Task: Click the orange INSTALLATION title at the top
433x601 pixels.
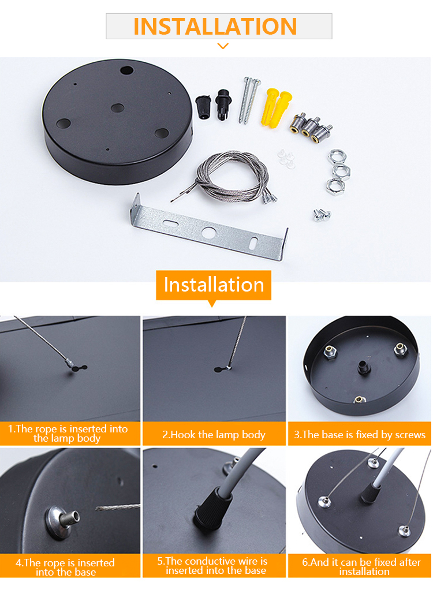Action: point(215,26)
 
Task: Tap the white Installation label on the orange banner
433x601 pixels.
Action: point(214,285)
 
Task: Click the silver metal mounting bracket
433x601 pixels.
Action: point(210,227)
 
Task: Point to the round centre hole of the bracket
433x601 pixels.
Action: point(209,232)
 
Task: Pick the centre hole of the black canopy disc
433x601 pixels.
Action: point(117,108)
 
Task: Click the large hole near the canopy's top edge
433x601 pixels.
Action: point(126,70)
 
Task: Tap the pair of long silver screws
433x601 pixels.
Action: point(249,100)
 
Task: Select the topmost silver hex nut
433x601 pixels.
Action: point(337,156)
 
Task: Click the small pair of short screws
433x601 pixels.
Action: point(322,215)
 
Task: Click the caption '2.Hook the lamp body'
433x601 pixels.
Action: point(214,435)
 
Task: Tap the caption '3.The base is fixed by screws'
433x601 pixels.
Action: point(360,435)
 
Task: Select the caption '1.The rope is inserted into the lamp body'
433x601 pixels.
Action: point(68,434)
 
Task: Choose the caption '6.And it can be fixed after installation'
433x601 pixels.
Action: point(361,567)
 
